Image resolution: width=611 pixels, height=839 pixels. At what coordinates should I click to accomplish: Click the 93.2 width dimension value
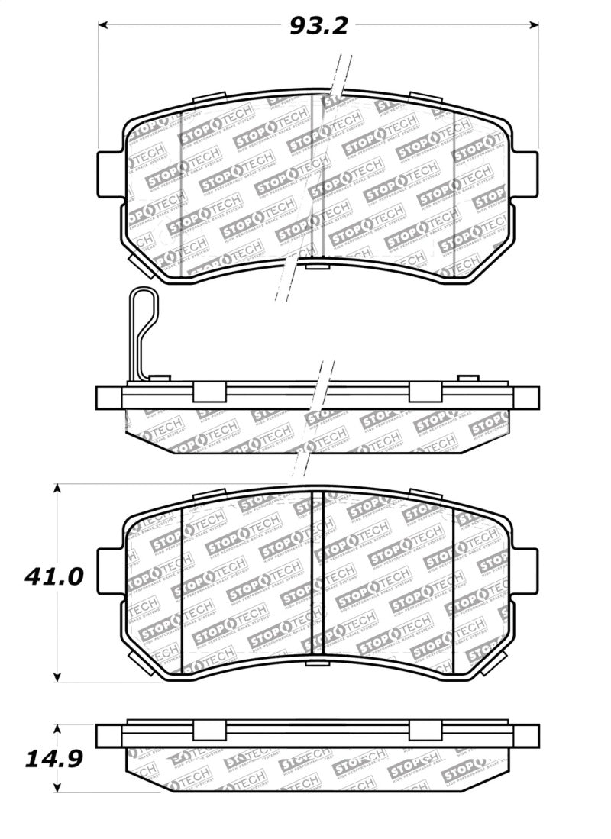[318, 26]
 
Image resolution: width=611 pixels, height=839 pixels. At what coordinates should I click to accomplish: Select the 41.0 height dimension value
[53, 576]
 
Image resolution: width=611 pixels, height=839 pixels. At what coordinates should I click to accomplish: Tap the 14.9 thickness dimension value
[53, 759]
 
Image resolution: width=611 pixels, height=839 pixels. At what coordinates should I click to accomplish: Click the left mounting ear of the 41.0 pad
[109, 569]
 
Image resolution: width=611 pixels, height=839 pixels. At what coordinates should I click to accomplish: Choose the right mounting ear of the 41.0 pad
[527, 569]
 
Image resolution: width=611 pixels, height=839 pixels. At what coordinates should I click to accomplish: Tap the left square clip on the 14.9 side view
[209, 731]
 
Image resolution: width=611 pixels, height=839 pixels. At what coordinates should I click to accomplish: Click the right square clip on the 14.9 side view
[425, 731]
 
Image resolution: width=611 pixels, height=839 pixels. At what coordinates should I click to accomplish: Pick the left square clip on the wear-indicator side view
[209, 392]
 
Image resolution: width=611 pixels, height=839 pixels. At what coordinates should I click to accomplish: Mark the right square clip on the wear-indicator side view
[425, 392]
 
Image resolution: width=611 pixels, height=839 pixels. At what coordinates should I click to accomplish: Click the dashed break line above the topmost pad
[341, 73]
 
